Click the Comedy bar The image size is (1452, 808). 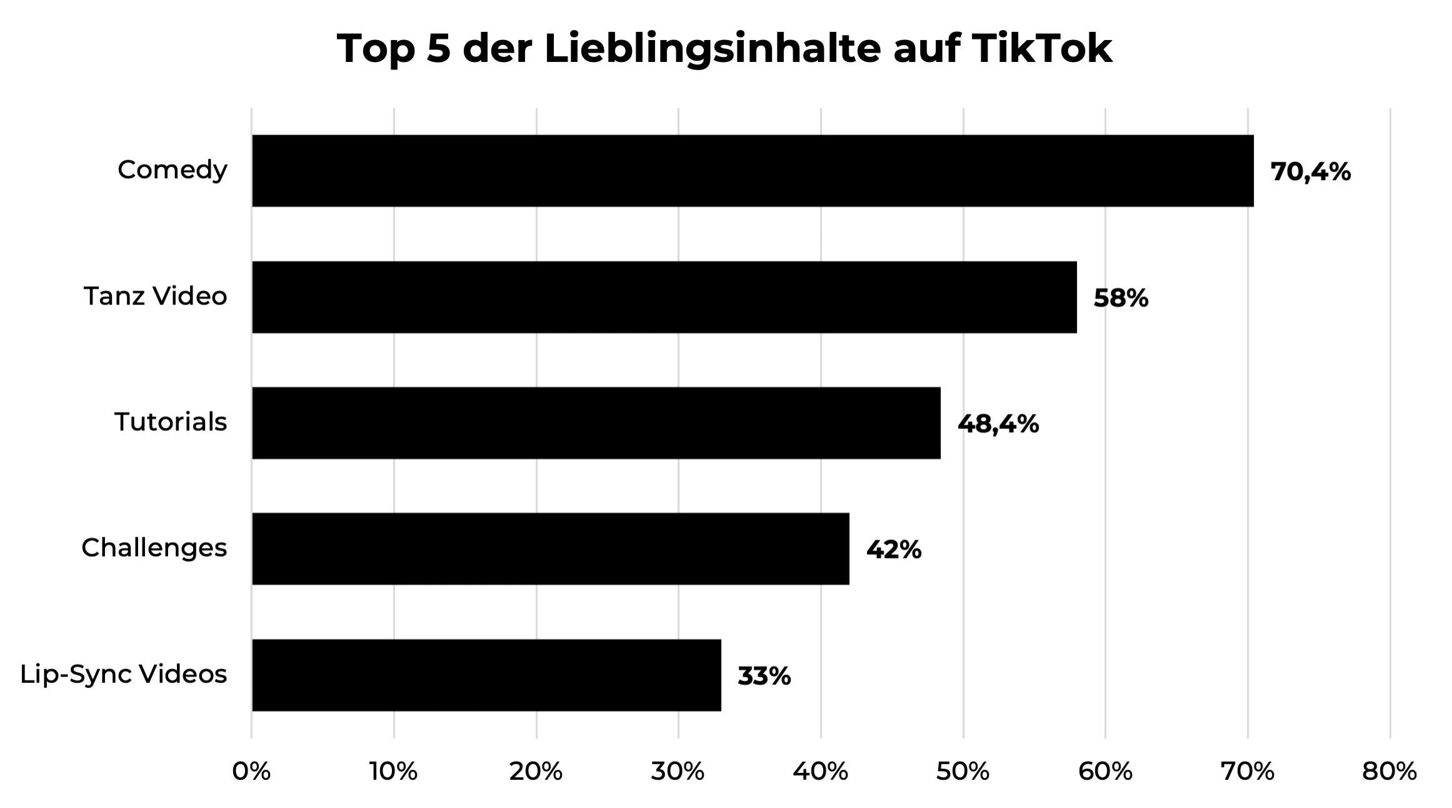[753, 171]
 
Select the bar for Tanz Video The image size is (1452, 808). [664, 297]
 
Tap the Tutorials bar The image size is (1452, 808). [596, 423]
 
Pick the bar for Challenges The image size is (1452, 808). [550, 549]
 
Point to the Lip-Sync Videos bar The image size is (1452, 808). [486, 675]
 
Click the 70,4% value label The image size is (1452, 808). [1311, 172]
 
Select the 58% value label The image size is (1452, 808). [1121, 298]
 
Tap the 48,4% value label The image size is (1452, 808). [998, 424]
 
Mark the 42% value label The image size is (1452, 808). [893, 550]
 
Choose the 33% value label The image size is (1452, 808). [764, 676]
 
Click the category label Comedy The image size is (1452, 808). [173, 170]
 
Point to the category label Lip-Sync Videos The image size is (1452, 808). [124, 674]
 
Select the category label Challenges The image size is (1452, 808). [154, 548]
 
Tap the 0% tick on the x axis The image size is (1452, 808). [251, 772]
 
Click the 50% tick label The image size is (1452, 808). [963, 772]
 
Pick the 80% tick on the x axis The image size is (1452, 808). [1389, 772]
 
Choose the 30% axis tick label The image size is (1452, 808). [678, 772]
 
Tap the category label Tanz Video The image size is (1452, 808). [156, 296]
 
